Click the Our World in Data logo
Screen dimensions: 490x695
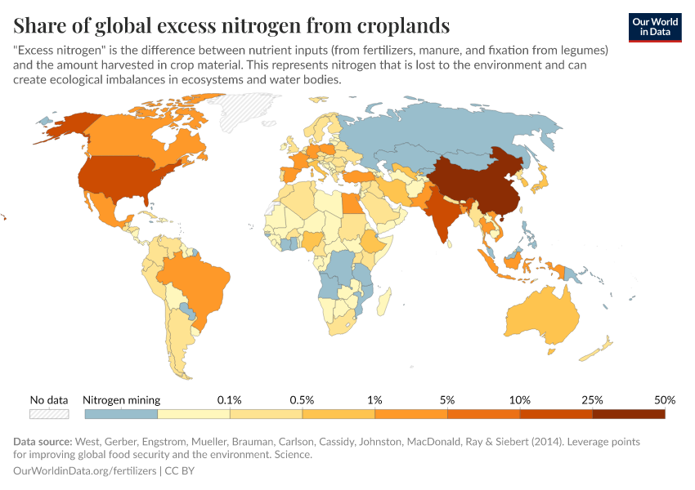coord(654,27)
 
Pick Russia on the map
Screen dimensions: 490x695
coord(458,131)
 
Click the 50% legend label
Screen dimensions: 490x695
coord(664,400)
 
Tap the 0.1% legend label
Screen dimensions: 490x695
coord(229,400)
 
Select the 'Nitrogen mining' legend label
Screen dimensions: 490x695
coord(122,400)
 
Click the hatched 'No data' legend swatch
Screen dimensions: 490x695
coord(48,414)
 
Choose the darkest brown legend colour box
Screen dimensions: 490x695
coord(628,414)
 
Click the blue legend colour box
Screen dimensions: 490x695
coord(120,414)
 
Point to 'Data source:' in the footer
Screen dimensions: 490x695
coord(43,442)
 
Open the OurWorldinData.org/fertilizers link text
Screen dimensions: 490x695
coord(86,470)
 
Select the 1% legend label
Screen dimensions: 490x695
coord(374,400)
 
